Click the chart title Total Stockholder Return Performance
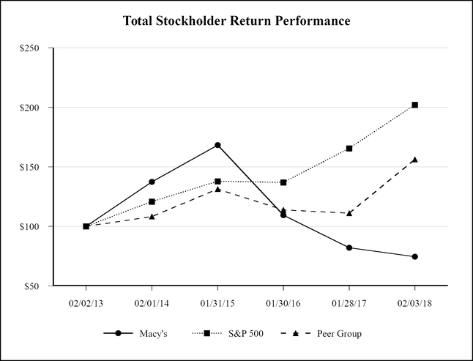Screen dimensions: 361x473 point(236,21)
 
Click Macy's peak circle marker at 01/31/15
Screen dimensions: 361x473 point(217,145)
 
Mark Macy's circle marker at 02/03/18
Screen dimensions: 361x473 point(415,256)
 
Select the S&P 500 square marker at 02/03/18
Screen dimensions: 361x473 point(415,105)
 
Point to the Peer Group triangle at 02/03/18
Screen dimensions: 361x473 point(415,160)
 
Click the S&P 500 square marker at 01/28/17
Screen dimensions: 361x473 point(349,149)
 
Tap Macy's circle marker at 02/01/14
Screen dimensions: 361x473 point(152,182)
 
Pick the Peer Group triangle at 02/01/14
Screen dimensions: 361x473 point(152,217)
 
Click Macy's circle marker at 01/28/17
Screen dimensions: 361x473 point(349,248)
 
